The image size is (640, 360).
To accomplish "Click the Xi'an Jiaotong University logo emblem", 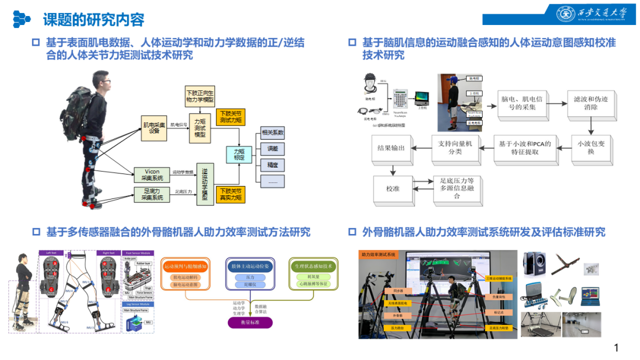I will [566, 14].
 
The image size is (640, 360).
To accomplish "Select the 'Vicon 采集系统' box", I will [152, 175].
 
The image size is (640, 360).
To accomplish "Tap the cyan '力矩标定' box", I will [239, 156].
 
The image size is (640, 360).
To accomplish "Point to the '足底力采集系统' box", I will [152, 194].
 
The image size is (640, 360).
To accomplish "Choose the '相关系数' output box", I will [273, 132].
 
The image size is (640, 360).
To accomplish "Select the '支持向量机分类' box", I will [455, 147].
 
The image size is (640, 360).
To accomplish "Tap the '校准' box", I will [392, 188].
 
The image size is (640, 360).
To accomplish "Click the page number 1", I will [617, 348].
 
